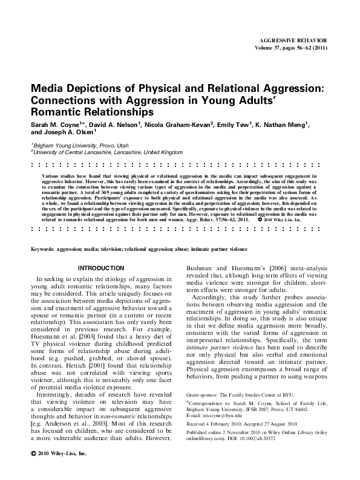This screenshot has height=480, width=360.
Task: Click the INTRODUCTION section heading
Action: click(102, 267)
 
